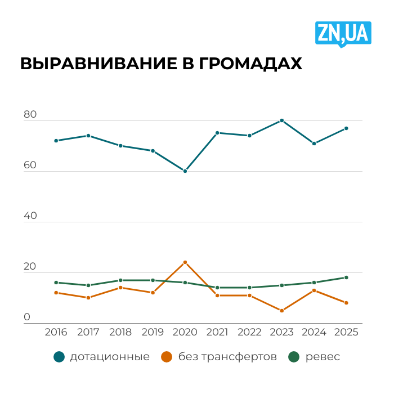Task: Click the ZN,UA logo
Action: coord(343,33)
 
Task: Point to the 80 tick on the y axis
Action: coord(30,115)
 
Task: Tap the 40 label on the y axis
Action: coord(30,216)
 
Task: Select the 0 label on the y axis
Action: coord(27,317)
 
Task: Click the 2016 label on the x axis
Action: coord(56,332)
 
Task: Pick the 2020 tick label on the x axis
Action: coord(185,332)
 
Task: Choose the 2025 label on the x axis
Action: coord(346,332)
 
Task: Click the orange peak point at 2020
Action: coord(185,262)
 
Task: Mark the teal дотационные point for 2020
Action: coord(185,171)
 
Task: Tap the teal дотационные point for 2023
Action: coord(281,120)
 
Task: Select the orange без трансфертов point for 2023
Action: coord(281,311)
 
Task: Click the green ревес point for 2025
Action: coord(346,277)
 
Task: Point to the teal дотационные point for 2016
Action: coord(56,141)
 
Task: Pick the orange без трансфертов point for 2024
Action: coord(314,290)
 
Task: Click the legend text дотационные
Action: coord(110,357)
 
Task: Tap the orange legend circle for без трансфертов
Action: coord(167,357)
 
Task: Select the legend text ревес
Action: coord(323,357)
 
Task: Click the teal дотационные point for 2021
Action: coord(217,133)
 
